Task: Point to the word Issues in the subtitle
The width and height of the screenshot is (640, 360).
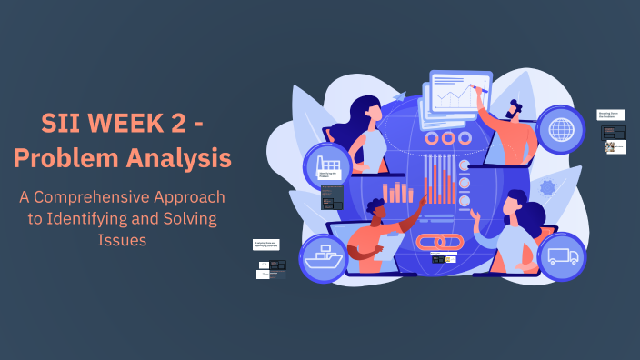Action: [x=122, y=240]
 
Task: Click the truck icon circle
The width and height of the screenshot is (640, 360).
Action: [x=562, y=256]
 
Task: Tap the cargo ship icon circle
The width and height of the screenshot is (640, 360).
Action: [x=325, y=256]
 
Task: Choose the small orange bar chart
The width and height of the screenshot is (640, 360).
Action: [x=397, y=192]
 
